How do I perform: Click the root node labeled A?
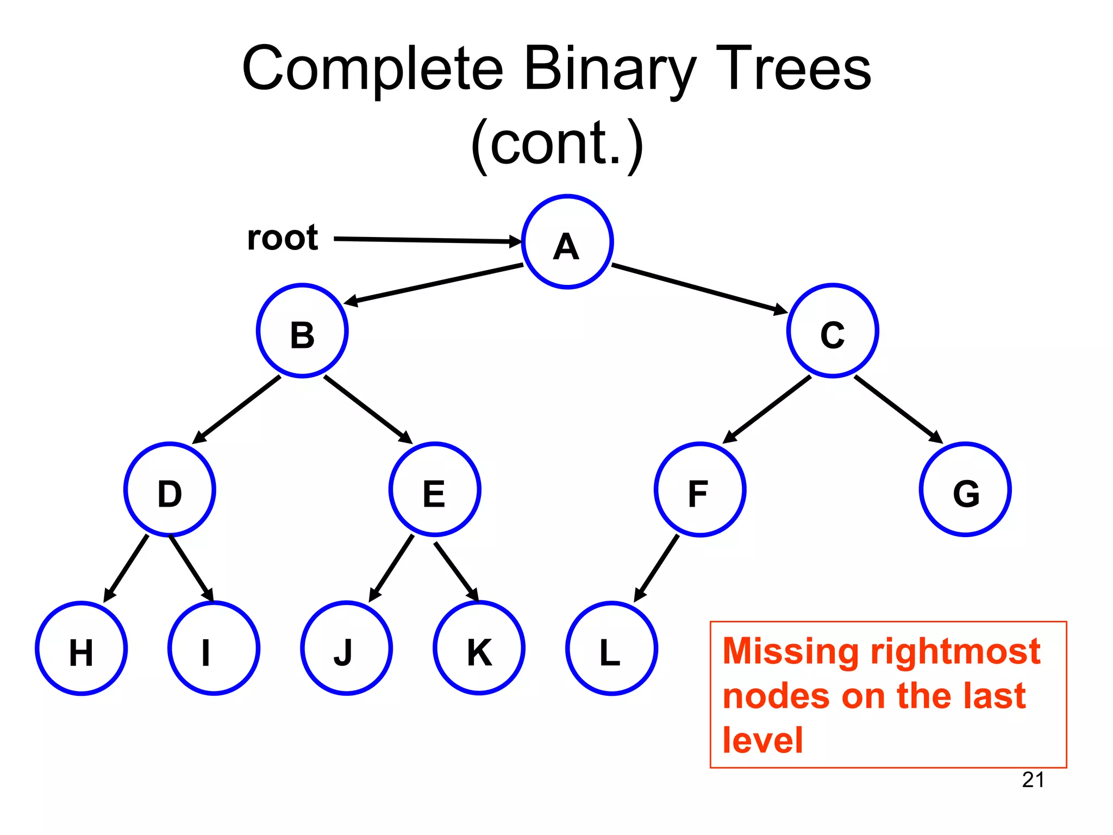click(x=567, y=242)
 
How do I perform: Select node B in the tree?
click(x=302, y=331)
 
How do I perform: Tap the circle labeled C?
click(x=833, y=331)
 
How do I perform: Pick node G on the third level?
click(x=965, y=489)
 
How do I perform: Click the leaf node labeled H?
click(x=82, y=648)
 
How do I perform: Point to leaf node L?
click(x=611, y=648)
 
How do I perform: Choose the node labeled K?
click(x=479, y=648)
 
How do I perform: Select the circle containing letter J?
click(x=346, y=648)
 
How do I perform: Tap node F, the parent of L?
click(x=700, y=489)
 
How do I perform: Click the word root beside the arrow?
click(x=283, y=238)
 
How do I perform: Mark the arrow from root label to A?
click(x=427, y=240)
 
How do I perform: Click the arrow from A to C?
click(x=699, y=289)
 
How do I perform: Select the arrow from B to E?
click(x=368, y=409)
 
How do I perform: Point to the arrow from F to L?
click(x=656, y=568)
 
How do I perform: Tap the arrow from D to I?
click(x=191, y=568)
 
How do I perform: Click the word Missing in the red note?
click(x=791, y=651)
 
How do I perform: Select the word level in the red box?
click(x=762, y=740)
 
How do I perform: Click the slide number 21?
click(x=1033, y=780)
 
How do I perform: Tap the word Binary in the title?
click(x=610, y=70)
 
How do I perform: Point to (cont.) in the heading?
click(x=556, y=144)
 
